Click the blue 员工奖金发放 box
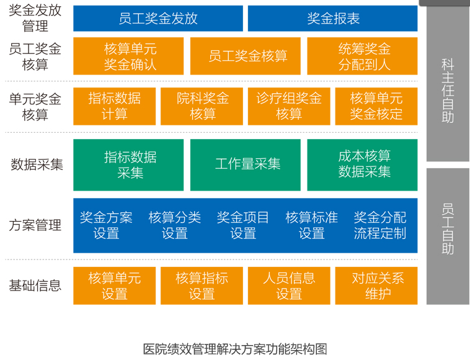pos(158,18)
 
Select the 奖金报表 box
pos(332,18)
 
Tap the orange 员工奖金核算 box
pos(245,56)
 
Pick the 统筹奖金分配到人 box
pos(362,56)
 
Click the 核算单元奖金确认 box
pos(128,56)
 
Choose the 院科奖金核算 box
pos(202,106)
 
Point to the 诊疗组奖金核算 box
pos(289,106)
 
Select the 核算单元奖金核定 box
pos(376,106)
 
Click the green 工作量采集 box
pos(245,164)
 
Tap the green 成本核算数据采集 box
pos(362,164)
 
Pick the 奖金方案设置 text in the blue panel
pos(106,225)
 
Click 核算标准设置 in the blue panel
pos(311,225)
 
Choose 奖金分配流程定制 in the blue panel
pos(379,225)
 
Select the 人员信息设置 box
pos(289,286)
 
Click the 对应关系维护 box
pos(376,286)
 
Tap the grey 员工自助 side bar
pos(448,236)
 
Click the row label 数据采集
pos(37,164)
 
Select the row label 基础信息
pos(35,286)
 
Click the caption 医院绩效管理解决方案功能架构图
pos(235,349)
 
